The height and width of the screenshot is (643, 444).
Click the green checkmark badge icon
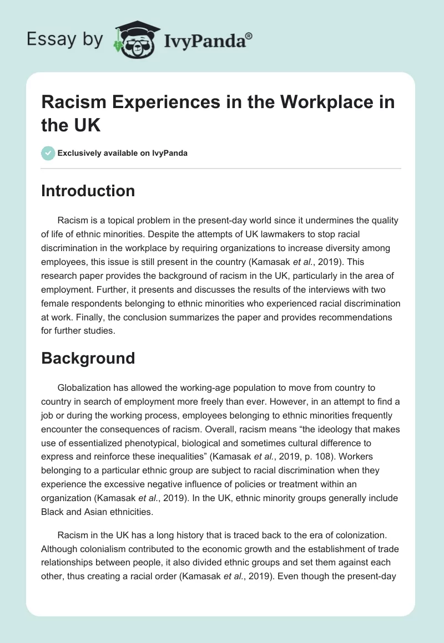pos(48,153)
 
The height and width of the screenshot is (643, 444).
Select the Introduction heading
pos(88,191)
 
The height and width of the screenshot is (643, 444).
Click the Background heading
pos(88,358)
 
